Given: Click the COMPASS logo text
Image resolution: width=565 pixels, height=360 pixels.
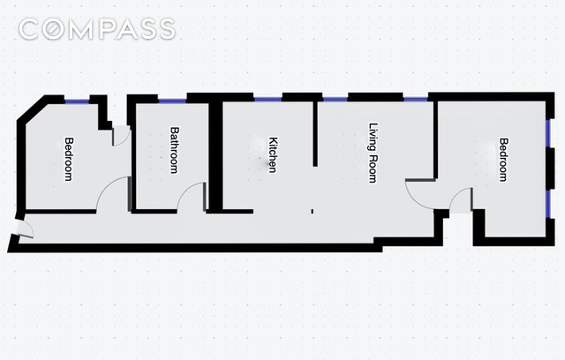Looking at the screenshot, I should click(x=97, y=29).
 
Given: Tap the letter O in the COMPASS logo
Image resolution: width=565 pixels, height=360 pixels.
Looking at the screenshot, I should click(x=63, y=29).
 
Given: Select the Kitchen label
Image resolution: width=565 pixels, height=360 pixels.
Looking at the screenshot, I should click(x=273, y=154).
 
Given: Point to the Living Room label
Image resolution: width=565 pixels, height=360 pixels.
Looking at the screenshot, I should click(x=373, y=152).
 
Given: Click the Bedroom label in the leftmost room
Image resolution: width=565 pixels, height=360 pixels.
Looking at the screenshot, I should click(x=67, y=158).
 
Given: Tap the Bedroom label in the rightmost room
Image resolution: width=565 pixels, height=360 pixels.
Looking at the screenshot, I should click(x=502, y=159).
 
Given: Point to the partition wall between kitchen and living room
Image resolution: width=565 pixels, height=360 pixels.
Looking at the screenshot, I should click(x=316, y=132).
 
